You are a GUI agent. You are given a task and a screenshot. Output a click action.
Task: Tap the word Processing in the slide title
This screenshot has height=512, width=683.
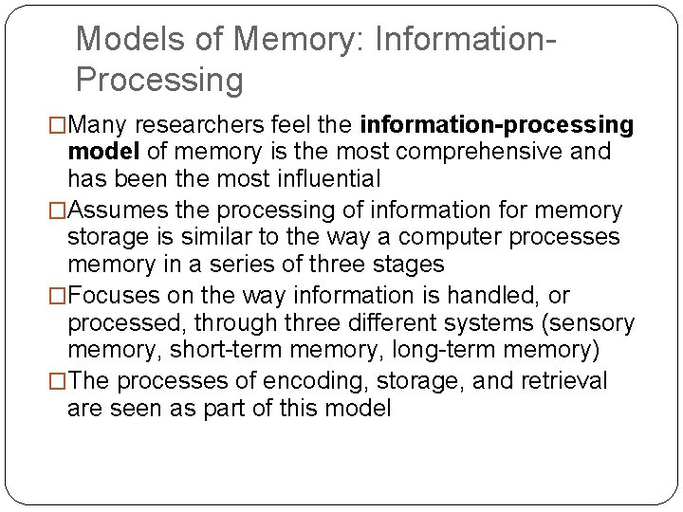[x=159, y=80]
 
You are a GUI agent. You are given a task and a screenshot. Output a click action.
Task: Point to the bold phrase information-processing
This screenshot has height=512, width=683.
[x=497, y=125]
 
